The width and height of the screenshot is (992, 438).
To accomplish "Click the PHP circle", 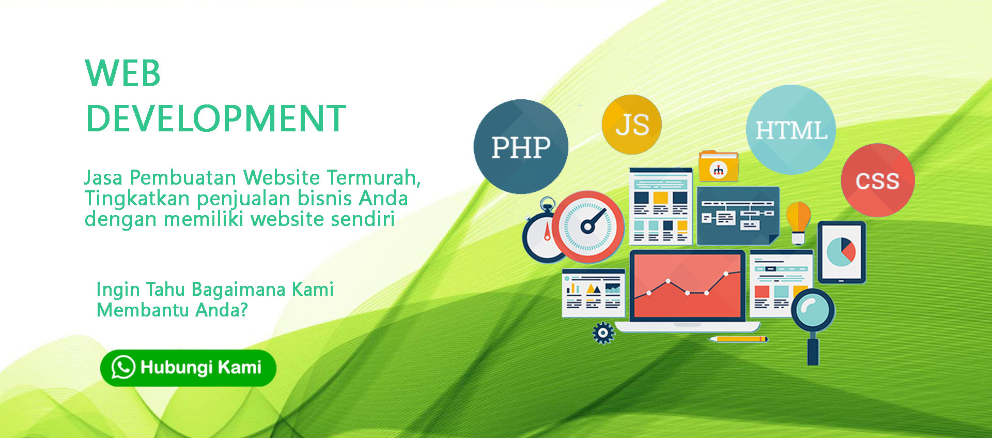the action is point(521,147).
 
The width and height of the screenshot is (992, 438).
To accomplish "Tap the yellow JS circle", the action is point(631,125).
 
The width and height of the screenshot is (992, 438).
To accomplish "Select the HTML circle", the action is point(791,130).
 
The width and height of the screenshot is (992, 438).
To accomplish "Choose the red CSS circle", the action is point(878,180).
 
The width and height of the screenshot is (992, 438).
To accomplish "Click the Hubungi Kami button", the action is point(188,368).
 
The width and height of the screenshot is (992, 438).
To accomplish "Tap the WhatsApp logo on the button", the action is point(123,367).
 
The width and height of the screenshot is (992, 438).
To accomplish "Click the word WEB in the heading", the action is point(123,73).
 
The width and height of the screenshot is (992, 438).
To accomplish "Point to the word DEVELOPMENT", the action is point(216,118).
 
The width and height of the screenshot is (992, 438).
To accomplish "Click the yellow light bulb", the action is point(798,223).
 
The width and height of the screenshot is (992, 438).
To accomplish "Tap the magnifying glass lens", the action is point(813,310).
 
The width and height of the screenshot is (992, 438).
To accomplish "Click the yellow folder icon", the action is point(718,166).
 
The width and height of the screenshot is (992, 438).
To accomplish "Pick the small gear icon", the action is point(603,333).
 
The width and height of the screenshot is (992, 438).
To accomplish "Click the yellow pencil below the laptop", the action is point(738,339).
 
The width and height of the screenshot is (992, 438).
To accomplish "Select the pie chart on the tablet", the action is point(841,252).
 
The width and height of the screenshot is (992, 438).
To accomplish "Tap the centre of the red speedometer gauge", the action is point(587,226).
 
